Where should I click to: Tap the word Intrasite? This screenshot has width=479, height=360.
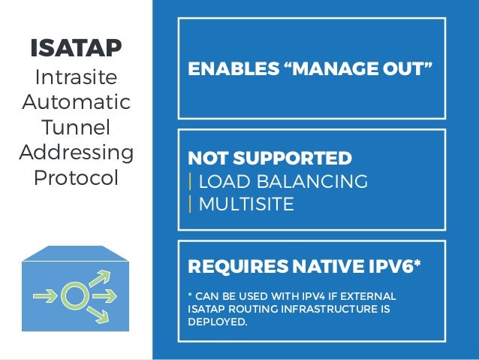(x=75, y=77)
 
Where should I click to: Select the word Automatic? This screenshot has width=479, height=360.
(x=75, y=101)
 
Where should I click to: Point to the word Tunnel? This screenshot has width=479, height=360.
(x=75, y=127)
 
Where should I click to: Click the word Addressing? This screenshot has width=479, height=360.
(x=75, y=153)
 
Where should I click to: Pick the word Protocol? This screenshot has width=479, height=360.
(x=75, y=179)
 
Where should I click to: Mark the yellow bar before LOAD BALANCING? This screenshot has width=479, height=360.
(x=191, y=182)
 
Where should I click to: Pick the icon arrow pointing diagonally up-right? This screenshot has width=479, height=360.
(x=101, y=279)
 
